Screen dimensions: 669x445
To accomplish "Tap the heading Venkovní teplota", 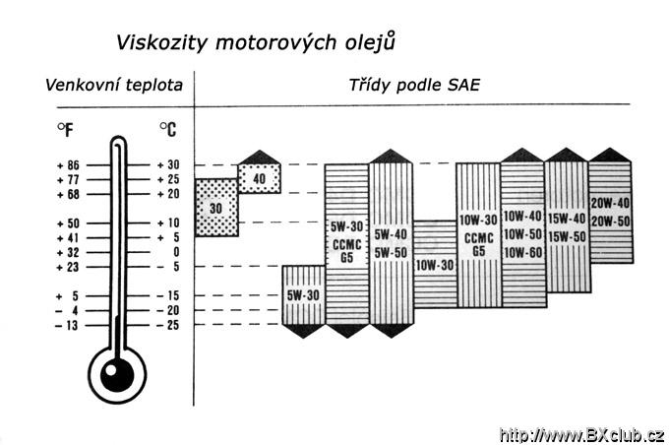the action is (114, 86).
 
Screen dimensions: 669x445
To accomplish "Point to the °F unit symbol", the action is (65, 129).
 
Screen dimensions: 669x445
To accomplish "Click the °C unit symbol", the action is (167, 129).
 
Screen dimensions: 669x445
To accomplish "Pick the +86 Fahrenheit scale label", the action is (68, 165).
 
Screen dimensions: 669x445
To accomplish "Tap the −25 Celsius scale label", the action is (167, 326).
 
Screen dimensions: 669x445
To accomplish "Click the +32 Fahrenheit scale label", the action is (68, 253).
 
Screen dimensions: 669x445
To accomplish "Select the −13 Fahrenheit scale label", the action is (67, 326).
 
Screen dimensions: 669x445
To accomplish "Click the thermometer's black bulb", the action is (117, 375).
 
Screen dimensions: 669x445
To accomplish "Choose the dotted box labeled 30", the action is (216, 208).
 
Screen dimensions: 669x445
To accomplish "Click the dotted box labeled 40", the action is (260, 178).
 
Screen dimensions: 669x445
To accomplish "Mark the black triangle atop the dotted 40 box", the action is (260, 157).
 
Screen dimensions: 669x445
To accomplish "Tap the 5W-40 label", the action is (391, 234).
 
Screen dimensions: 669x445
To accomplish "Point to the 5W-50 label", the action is (391, 252).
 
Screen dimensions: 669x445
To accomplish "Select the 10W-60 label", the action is (522, 253).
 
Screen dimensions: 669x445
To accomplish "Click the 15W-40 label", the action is (567, 219).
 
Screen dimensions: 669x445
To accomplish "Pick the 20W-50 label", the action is (611, 222).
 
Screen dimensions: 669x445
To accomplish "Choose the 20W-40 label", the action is (611, 203).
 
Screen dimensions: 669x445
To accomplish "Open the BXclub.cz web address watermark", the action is (582, 435).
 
